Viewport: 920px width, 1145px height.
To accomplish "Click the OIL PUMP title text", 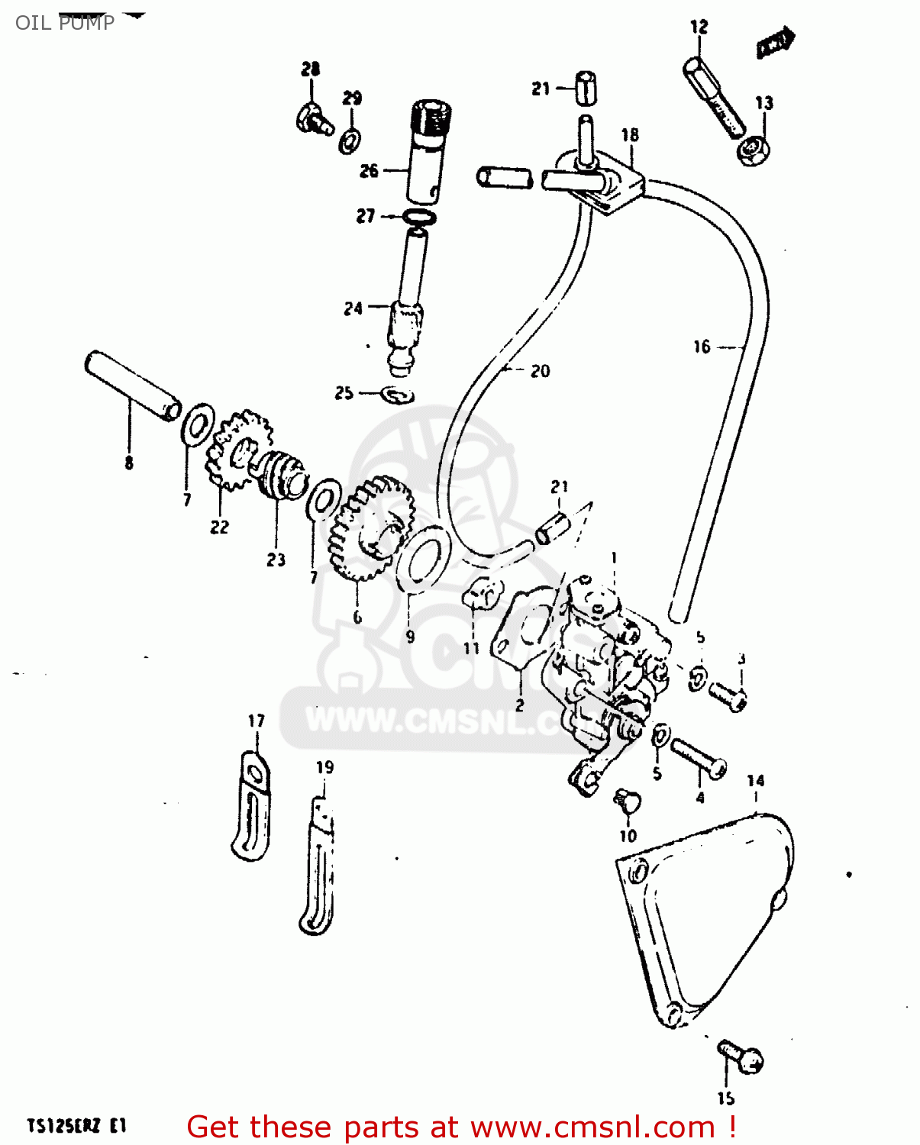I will click(65, 22).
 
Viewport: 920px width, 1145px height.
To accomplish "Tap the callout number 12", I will click(699, 27).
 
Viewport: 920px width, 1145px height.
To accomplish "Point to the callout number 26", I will click(369, 170).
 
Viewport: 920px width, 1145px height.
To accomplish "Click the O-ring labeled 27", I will click(419, 218).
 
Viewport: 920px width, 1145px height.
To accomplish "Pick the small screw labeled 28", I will click(314, 119).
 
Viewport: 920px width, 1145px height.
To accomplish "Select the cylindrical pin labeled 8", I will click(132, 385).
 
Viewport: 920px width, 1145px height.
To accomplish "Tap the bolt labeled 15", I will click(741, 1057).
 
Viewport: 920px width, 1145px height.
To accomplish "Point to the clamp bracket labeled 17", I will click(252, 805).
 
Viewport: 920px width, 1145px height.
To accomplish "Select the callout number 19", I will click(324, 767).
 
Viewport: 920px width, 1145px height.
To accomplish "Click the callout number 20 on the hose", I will click(540, 371).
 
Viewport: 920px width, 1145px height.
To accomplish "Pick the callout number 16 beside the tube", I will click(702, 347).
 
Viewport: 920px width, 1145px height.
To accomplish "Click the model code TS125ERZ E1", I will click(76, 1126).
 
